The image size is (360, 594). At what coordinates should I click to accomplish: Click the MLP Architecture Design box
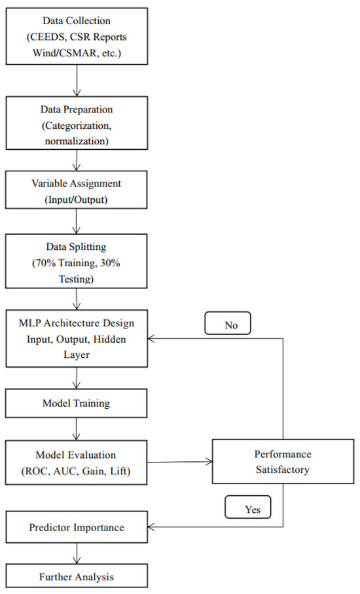point(78,340)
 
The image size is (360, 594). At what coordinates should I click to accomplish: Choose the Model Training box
point(78,404)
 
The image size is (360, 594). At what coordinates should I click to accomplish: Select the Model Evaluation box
point(78,463)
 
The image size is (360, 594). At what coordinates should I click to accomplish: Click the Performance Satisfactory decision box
point(283,462)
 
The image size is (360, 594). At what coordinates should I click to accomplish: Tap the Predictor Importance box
point(78,526)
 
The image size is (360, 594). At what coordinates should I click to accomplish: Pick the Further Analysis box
point(78,578)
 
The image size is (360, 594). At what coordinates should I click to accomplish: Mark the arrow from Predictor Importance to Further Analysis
point(78,553)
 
